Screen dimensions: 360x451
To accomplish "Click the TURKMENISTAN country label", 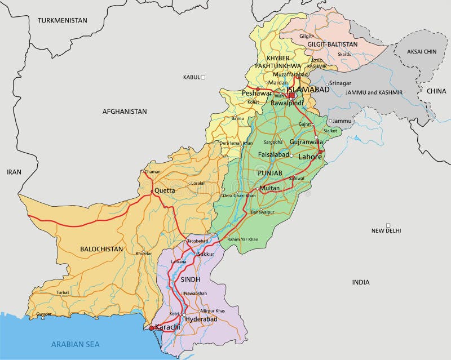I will click(63, 20).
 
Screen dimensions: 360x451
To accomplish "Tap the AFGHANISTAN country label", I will click(124, 112).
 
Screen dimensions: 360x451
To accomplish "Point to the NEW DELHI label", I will click(386, 230).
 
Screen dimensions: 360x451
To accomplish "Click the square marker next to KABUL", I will click(204, 77).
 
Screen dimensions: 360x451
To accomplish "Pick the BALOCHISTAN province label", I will click(101, 248).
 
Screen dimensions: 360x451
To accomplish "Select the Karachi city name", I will click(167, 327).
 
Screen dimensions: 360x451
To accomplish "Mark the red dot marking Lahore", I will click(320, 152).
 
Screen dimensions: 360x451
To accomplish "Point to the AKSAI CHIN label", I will click(422, 51).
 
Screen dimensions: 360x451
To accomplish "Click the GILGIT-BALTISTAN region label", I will click(333, 44).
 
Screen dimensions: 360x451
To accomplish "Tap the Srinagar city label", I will click(340, 83).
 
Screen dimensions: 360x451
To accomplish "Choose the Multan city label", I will click(269, 188).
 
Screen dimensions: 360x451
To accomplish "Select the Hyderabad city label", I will click(201, 319).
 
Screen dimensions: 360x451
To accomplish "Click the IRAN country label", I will click(14, 172).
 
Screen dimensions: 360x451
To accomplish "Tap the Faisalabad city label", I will click(273, 154).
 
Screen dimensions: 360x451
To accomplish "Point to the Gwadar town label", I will click(43, 314).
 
